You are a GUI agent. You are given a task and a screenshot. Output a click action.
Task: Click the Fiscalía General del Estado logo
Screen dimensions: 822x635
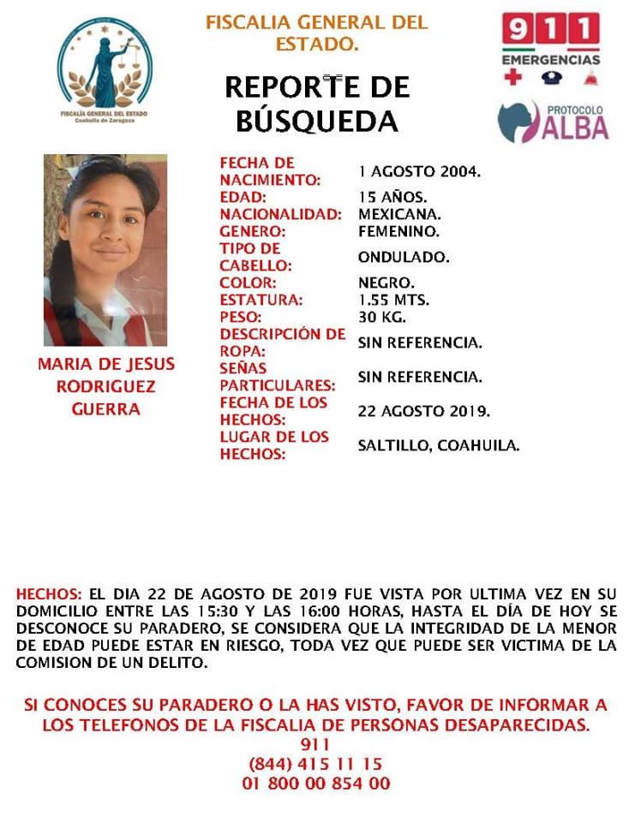(105, 72)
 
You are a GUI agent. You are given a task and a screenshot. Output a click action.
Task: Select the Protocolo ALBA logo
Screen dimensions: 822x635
(554, 121)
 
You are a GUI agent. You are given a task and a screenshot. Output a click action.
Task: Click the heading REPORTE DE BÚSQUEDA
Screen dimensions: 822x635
(317, 104)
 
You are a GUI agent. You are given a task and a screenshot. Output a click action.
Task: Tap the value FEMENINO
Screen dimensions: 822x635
(398, 231)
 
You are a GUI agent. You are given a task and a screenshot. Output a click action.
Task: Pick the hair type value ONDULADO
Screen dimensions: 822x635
(404, 257)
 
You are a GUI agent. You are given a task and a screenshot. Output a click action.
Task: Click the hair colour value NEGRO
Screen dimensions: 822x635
(386, 283)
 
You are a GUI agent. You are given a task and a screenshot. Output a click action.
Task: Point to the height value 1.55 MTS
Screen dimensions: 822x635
(393, 300)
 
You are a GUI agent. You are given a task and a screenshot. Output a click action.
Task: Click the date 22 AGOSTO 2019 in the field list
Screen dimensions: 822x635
(423, 411)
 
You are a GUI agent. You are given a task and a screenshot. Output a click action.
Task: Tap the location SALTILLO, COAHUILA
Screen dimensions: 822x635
(438, 445)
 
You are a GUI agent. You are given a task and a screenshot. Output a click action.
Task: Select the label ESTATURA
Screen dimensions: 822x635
(261, 300)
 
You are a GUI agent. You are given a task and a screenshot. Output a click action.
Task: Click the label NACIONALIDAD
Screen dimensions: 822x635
(280, 214)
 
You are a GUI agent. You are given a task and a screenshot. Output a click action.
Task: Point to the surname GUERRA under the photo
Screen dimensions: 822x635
(105, 409)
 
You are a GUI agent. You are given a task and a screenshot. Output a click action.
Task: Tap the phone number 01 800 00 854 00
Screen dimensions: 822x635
(316, 783)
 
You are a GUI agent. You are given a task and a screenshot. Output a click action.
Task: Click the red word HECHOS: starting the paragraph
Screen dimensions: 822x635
(49, 593)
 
